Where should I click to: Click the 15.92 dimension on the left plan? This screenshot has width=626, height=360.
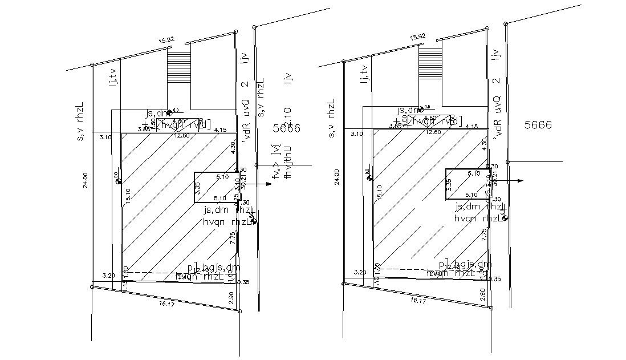click(166, 41)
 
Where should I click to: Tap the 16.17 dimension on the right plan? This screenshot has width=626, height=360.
click(418, 300)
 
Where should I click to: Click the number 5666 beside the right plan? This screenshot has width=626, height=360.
click(538, 125)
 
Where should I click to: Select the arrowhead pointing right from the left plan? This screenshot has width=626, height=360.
click(269, 184)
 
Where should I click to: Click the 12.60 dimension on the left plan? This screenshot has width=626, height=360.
click(182, 136)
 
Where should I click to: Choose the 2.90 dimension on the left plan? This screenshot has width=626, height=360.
click(230, 297)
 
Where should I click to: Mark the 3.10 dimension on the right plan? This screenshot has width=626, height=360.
click(357, 134)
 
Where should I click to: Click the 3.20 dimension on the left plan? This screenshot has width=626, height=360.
click(108, 276)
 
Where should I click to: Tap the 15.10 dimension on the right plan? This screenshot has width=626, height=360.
click(379, 192)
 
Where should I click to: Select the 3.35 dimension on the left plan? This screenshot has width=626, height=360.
click(197, 188)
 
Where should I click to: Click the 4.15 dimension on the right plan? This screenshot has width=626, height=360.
click(471, 127)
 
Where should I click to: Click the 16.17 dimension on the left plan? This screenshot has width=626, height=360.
click(166, 304)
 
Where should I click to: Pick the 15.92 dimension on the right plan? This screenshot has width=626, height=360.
click(417, 37)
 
